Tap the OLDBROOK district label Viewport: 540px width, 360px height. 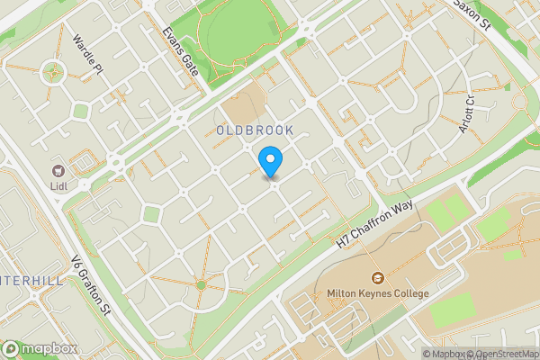coord(255,131)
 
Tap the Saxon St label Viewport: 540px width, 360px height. coord(469,12)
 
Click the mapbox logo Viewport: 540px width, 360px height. coord(39,348)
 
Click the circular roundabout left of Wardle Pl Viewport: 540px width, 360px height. coord(53,71)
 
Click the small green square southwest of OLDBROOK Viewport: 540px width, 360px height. coord(151,214)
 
